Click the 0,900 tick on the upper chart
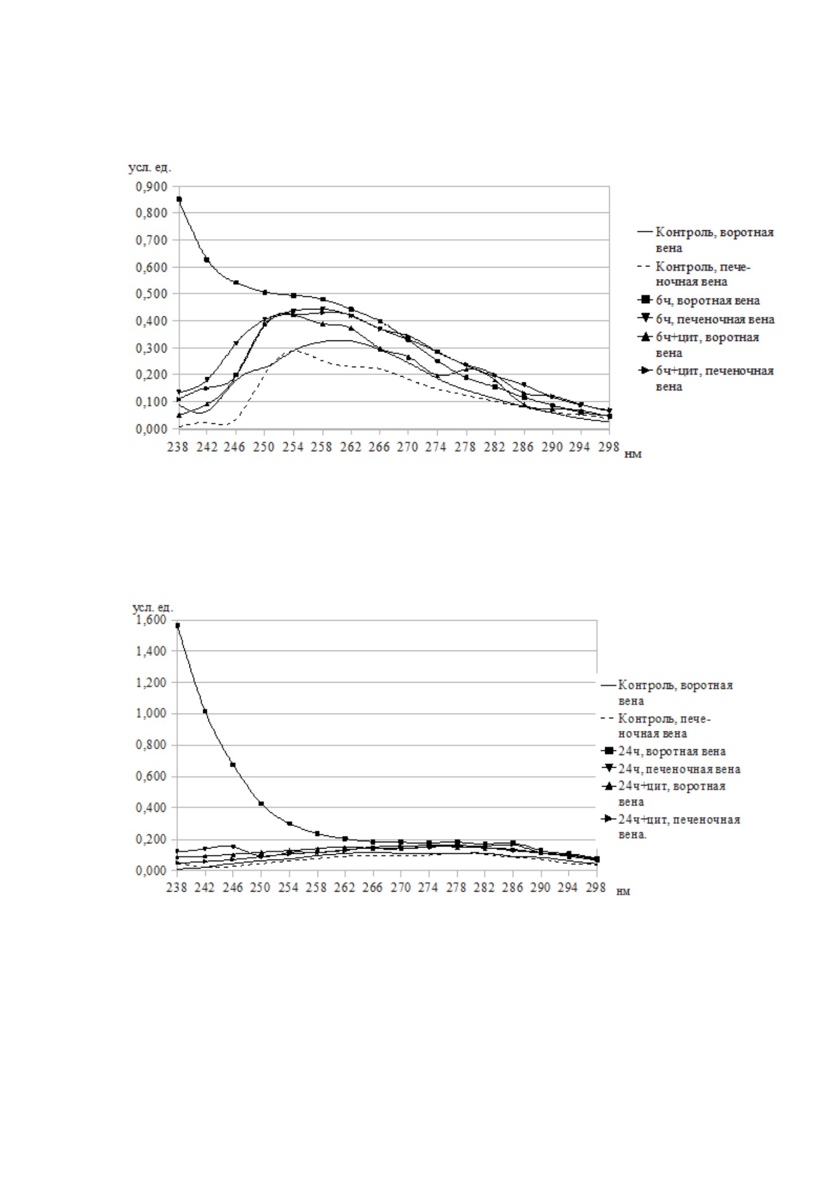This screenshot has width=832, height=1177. tap(151, 187)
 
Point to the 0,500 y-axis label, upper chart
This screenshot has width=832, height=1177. tap(151, 294)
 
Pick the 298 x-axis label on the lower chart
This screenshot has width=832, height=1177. tap(597, 888)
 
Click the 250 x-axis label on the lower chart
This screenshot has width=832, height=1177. tap(261, 888)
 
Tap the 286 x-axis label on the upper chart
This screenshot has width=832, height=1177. tap(523, 447)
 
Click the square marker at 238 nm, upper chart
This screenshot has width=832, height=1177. tap(179, 199)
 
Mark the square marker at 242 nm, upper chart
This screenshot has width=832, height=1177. tap(207, 260)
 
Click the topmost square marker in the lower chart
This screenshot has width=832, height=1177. tap(177, 626)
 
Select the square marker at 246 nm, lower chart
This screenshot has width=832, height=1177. tap(233, 765)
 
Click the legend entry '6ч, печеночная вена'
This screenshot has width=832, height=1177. tap(707, 319)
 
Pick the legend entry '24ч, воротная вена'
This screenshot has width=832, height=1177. tap(664, 751)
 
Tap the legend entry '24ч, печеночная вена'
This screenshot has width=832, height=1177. tap(671, 769)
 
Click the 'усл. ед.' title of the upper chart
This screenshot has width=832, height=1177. tap(150, 168)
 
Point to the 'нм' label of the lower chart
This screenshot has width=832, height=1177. tap(624, 892)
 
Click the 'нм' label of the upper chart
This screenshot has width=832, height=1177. tap(633, 454)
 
